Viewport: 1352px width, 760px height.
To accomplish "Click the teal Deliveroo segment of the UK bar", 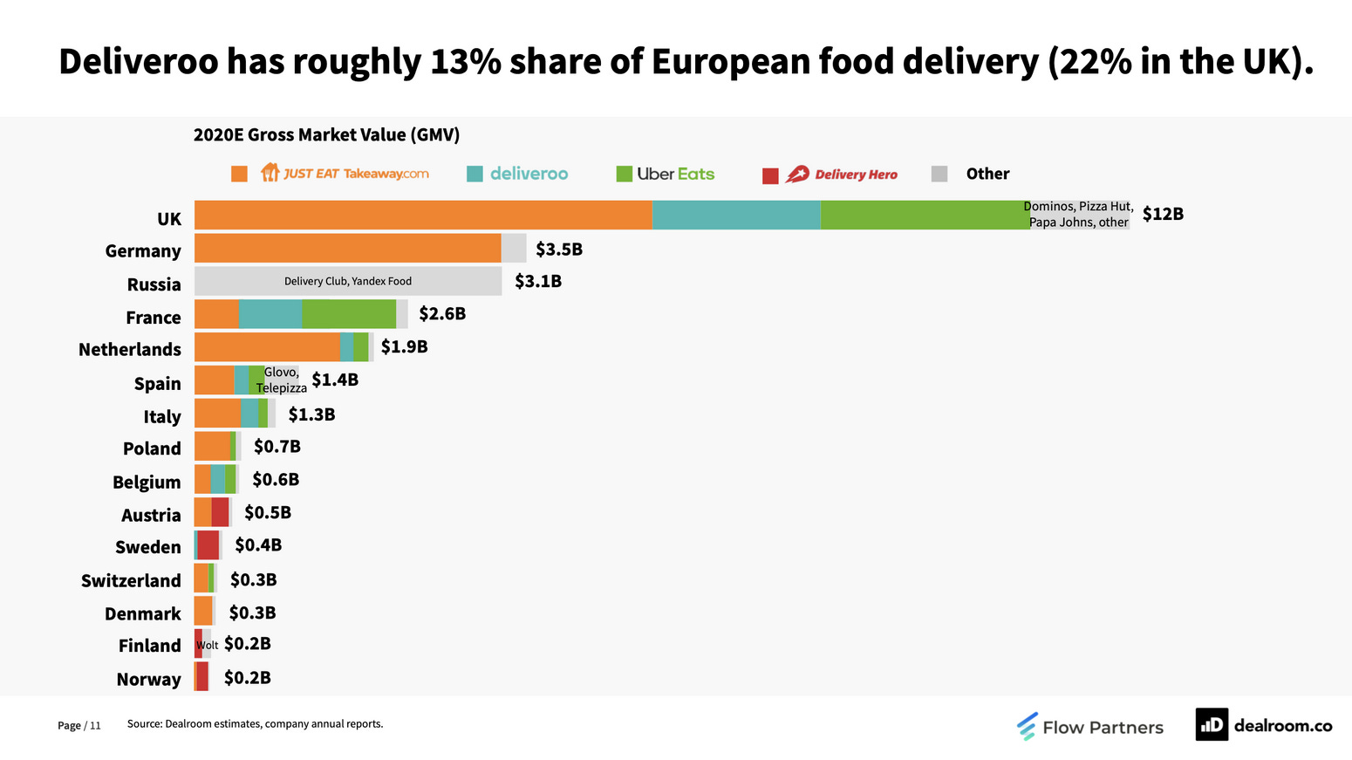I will [735, 216].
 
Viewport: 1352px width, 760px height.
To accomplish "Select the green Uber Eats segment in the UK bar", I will [925, 216].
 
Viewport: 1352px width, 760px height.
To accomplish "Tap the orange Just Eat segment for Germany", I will [347, 248].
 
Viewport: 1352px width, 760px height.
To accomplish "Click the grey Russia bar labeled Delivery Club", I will [347, 281].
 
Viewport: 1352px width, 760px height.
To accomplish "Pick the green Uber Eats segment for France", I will [349, 314].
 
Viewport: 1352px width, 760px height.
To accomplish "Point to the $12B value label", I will [1163, 214].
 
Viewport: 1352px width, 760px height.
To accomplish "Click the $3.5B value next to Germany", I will [558, 250].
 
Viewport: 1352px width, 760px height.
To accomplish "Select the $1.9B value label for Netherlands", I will [404, 346].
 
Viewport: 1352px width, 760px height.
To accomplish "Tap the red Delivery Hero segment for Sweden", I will [208, 545].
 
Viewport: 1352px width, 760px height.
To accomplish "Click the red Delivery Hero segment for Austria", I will [220, 512].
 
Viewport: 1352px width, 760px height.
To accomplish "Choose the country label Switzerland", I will [131, 580].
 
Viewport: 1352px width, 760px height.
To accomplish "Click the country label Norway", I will [148, 679].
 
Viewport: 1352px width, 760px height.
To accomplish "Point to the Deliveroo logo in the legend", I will [529, 174].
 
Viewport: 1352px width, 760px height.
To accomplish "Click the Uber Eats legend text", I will [675, 174].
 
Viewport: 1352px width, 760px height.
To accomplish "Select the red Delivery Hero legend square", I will [770, 175].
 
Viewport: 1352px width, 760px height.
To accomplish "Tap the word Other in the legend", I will [987, 174].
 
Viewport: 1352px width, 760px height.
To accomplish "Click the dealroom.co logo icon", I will [1211, 724].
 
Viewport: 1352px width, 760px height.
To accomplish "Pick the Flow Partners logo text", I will [1103, 727].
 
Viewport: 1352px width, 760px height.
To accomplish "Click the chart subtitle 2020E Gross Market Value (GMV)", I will [326, 134].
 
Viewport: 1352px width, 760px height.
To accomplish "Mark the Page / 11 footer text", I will [79, 725].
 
